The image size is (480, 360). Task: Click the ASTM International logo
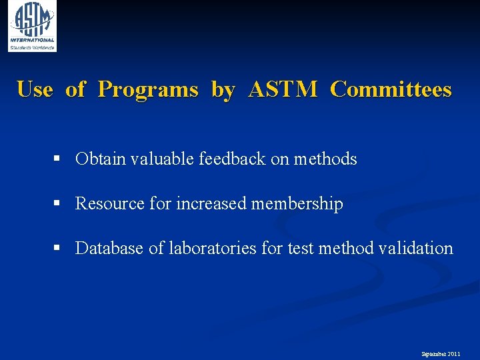point(32,26)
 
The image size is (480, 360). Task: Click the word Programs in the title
point(148,89)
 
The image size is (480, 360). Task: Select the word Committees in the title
point(391,89)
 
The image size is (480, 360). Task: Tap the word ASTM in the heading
point(283,89)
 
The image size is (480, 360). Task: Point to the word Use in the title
point(35,89)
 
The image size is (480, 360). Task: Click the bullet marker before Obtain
point(58,159)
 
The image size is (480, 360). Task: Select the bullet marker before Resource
point(58,203)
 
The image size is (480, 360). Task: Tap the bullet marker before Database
point(58,248)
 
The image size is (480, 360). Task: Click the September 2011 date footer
point(440,354)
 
